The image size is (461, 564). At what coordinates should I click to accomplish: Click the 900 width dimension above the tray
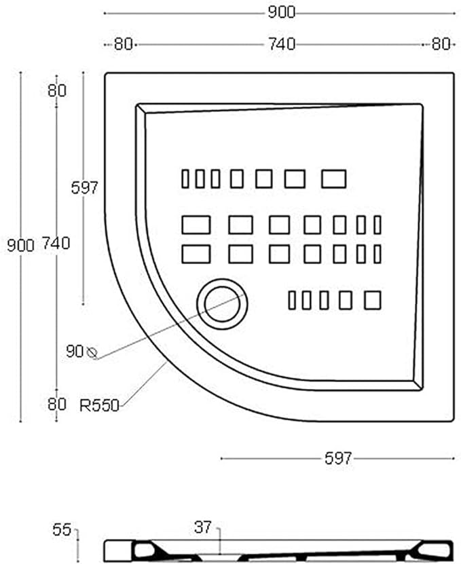(x=281, y=12)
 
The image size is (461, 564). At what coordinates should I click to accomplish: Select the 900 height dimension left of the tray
(x=20, y=245)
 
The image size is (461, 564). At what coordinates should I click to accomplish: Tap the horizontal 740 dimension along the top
(x=281, y=44)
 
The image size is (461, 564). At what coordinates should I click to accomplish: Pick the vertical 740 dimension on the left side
(x=56, y=243)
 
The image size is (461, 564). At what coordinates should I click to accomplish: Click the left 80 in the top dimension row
(x=122, y=44)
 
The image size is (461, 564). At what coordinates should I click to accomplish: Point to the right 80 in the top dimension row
(x=441, y=44)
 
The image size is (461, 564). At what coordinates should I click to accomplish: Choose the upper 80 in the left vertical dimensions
(x=57, y=90)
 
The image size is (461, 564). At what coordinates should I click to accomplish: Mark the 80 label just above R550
(x=57, y=404)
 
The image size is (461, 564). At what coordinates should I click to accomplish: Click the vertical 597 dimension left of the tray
(x=85, y=188)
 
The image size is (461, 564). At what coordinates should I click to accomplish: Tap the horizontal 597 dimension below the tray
(x=337, y=459)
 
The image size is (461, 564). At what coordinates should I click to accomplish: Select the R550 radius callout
(x=99, y=406)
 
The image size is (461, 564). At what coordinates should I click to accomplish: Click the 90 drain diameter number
(x=74, y=352)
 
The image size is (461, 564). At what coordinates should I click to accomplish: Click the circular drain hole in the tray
(x=222, y=303)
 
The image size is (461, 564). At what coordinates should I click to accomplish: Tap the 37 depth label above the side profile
(x=202, y=527)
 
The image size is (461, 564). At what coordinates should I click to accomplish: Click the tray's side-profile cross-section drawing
(x=278, y=550)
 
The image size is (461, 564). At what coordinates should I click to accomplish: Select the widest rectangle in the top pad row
(x=333, y=178)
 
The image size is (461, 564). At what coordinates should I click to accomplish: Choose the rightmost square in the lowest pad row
(x=372, y=300)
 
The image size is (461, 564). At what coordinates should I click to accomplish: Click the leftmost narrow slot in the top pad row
(x=185, y=178)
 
